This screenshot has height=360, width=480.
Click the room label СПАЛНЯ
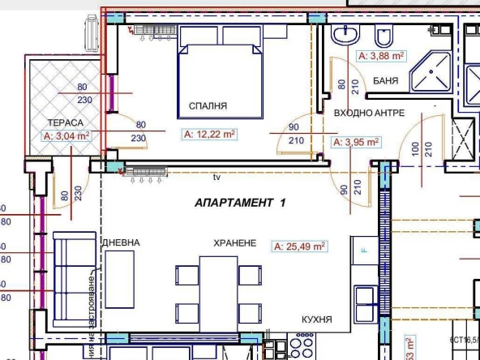tap(208, 105)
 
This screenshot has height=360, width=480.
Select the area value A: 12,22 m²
tap(210, 134)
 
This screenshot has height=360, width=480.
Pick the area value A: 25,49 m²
tap(300, 246)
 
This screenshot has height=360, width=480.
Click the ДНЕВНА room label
tap(121, 242)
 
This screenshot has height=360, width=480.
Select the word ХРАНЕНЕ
tap(235, 242)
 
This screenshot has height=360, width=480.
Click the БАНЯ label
tap(384, 80)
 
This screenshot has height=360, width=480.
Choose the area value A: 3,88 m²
tap(381, 56)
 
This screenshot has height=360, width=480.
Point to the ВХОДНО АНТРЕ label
tap(369, 114)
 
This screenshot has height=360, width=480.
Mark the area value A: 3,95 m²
tap(357, 142)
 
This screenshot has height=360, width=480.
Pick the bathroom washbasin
tap(346, 35)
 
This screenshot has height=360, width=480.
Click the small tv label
tap(216, 176)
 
